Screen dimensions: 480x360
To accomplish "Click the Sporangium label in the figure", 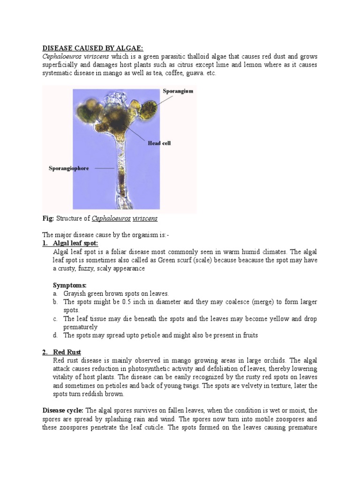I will pyautogui.click(x=178, y=91).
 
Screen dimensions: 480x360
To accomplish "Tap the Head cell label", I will pyautogui.click(x=159, y=143).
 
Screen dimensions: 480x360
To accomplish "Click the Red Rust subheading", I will pyautogui.click(x=67, y=352).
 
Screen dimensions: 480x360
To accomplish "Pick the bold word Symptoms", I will pyautogui.click(x=69, y=285).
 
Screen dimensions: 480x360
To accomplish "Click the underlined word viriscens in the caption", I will pyautogui.click(x=145, y=218).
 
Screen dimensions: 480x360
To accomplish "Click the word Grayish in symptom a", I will pyautogui.click(x=75, y=293).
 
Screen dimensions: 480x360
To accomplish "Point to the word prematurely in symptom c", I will pyautogui.click(x=81, y=327).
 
